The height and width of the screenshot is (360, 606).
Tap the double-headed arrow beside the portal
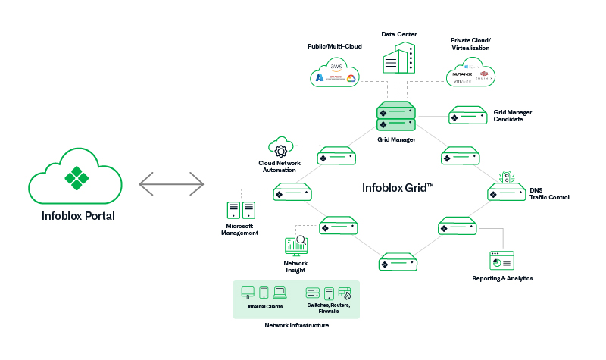172,183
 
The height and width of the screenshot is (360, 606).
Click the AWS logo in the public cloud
336,67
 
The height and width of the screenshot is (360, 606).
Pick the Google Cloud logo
351,79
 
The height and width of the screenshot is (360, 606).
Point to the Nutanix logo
462,74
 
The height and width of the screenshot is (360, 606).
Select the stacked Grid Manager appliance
396,116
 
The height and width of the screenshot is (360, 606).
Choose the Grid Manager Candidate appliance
467,115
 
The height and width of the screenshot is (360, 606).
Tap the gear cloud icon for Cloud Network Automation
282,147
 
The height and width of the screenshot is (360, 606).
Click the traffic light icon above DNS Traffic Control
506,177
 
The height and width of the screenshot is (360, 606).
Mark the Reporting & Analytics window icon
501,261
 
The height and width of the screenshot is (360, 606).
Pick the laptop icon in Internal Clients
280,292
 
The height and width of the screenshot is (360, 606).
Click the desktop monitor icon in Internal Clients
247,292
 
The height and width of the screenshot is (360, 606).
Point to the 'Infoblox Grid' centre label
396,186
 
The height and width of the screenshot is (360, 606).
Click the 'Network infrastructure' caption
296,325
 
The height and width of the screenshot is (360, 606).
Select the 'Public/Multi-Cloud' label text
334,46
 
